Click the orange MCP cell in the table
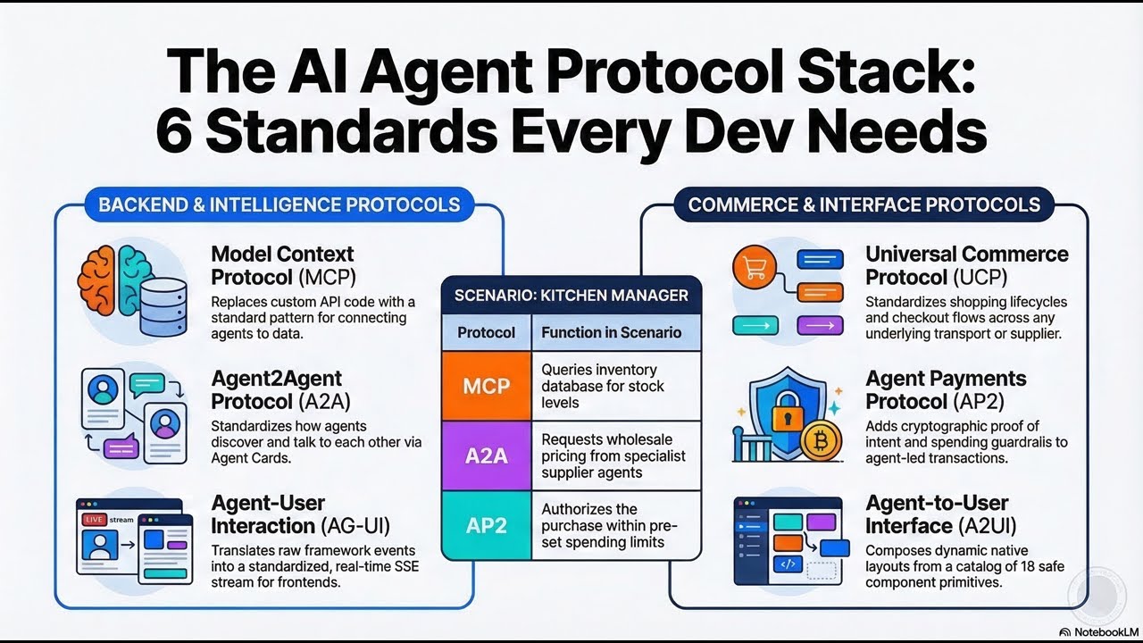point(487,386)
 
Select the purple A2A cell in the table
point(487,455)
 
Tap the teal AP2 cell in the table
point(487,525)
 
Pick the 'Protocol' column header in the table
point(487,332)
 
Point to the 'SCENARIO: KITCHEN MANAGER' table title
point(571,296)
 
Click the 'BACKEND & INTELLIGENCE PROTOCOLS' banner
point(279,205)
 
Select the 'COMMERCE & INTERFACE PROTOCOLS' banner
point(864,205)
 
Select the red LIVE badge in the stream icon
point(93,519)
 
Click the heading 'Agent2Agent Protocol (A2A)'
point(277,390)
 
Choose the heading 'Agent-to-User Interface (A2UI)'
point(938,514)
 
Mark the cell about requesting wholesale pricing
point(613,455)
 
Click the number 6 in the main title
point(176,131)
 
